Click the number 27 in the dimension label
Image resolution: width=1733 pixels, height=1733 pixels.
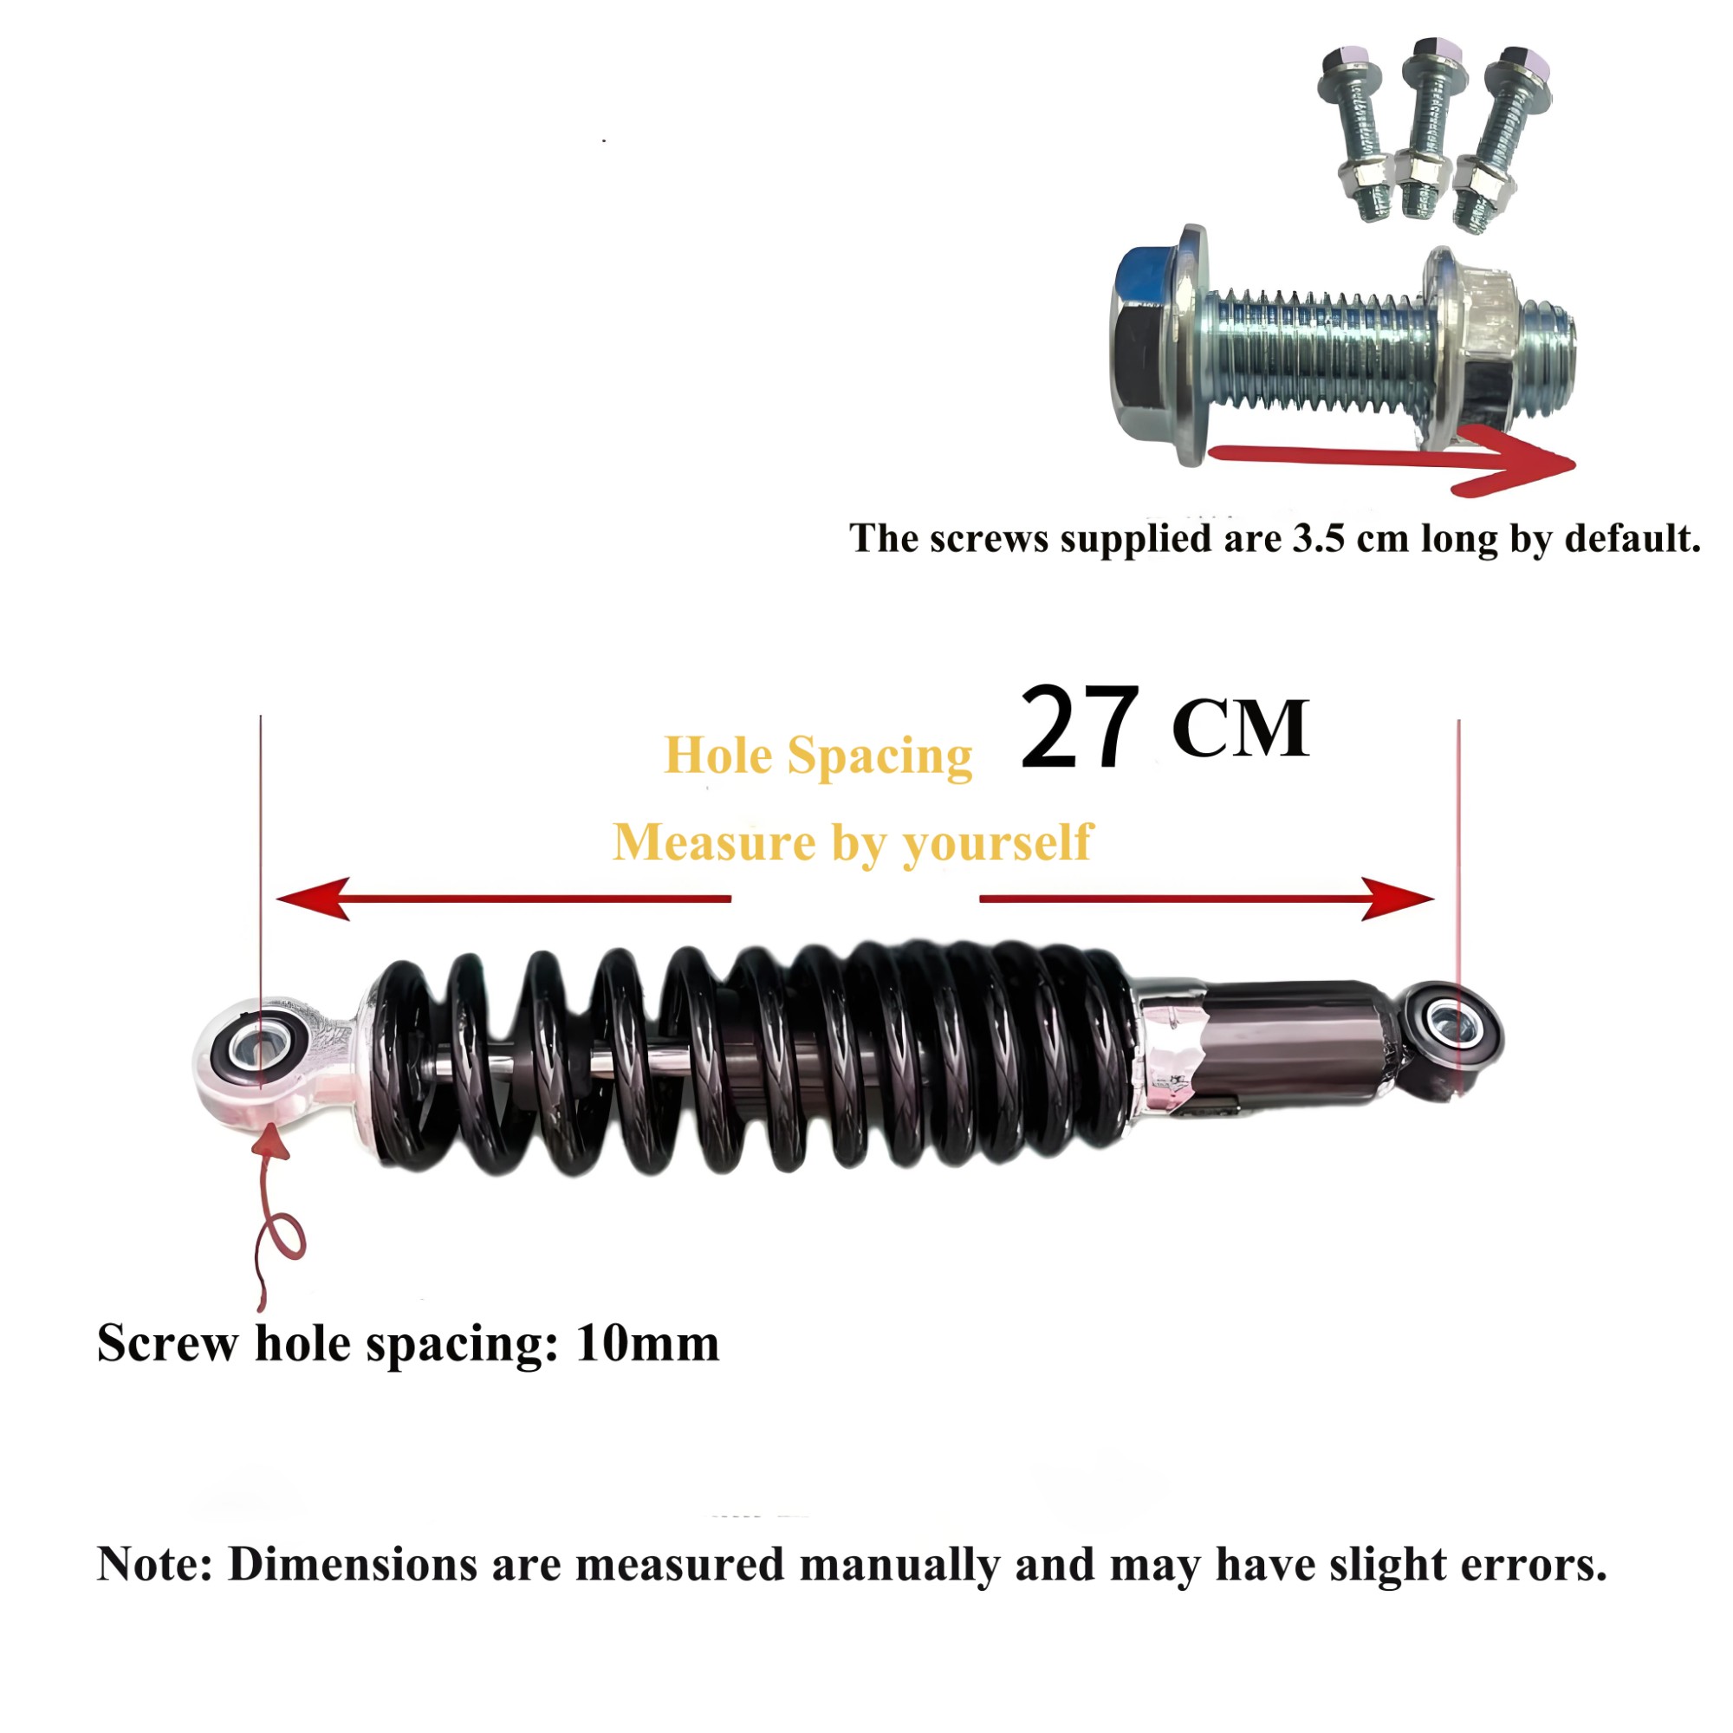(x=1079, y=727)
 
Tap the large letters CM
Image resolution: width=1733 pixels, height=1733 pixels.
(x=1241, y=730)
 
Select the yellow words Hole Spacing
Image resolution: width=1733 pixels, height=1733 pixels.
(x=817, y=756)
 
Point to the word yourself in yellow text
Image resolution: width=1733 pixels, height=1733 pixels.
(x=997, y=843)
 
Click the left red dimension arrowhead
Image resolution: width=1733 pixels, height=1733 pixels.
(x=311, y=898)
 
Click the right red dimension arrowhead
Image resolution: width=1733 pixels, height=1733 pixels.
(x=1398, y=898)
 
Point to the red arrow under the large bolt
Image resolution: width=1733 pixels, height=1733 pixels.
(x=1391, y=460)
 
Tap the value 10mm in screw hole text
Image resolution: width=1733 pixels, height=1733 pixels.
(x=647, y=1344)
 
